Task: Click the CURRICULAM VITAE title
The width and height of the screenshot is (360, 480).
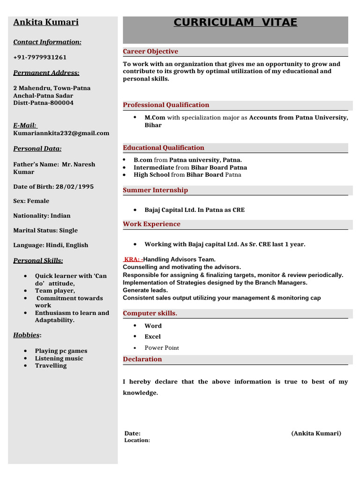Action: [235, 22]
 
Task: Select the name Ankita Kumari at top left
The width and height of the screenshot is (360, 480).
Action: [46, 22]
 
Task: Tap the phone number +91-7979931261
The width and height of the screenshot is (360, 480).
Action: [40, 57]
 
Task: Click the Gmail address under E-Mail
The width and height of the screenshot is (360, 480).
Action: [61, 133]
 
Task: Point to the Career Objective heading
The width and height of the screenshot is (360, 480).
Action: [150, 52]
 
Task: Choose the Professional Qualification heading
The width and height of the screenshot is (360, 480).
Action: [166, 105]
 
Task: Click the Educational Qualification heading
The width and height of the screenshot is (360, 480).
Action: [164, 148]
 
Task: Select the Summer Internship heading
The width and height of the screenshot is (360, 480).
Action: [155, 190]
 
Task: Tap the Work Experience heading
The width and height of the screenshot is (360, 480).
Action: [151, 224]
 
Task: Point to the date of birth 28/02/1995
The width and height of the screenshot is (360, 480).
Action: [75, 187]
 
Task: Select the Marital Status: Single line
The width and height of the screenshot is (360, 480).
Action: [45, 231]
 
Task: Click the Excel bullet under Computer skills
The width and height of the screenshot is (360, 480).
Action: [152, 337]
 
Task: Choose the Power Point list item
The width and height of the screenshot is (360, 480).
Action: [162, 348]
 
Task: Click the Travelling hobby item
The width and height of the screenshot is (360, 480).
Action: [51, 366]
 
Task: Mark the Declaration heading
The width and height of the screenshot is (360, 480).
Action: [142, 360]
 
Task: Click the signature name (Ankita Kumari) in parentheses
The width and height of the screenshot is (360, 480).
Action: [316, 434]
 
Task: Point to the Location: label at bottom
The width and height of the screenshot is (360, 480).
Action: [137, 441]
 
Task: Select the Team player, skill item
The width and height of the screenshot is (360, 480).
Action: [55, 291]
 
